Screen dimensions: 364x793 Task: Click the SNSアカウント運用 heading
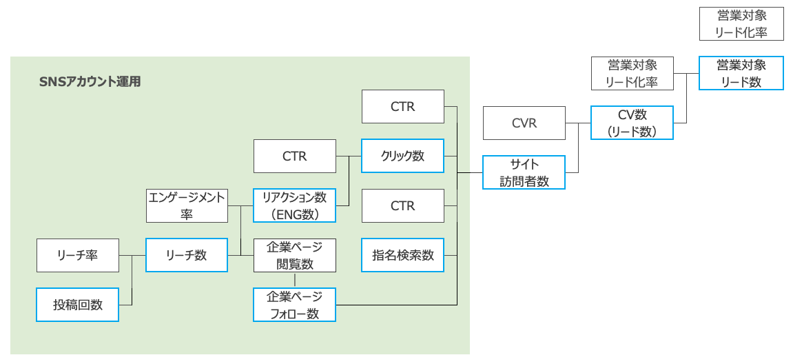[x=90, y=81]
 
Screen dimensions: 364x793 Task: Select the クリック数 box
[x=402, y=156]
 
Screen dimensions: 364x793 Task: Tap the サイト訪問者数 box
[x=524, y=172]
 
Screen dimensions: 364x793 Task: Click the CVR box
[x=524, y=123]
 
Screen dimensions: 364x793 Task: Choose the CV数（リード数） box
[x=632, y=123]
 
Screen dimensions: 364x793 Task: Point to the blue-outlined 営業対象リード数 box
[x=741, y=73]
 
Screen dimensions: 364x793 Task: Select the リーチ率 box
[x=77, y=255]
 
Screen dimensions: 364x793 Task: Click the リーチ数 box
[x=186, y=255]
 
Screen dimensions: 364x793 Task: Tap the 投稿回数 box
[x=77, y=305]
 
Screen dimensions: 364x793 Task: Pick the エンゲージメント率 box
[x=187, y=205]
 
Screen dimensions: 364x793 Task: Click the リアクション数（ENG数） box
[x=294, y=205]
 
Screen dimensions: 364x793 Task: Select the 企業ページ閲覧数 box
[x=294, y=255]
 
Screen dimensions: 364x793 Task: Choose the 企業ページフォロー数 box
[x=294, y=305]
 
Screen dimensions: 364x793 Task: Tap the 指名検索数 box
[x=402, y=255]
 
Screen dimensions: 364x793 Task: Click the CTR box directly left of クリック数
[x=294, y=156]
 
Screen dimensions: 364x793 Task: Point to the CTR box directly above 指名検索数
[x=402, y=205]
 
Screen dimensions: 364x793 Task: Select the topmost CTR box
[x=402, y=106]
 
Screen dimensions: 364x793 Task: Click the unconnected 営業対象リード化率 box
[x=741, y=23]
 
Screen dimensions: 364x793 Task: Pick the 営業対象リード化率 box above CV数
[x=632, y=73]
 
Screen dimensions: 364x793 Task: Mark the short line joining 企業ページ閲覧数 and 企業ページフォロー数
[x=295, y=280]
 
